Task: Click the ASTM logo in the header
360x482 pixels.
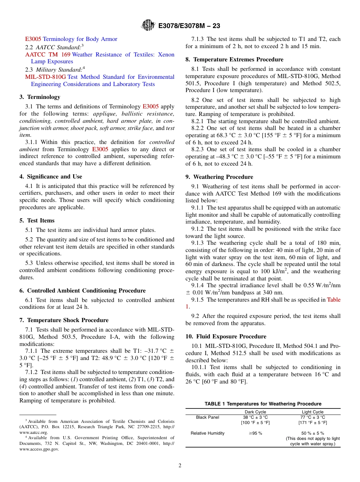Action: [x=148, y=25]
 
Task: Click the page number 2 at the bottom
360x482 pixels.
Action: [x=180, y=465]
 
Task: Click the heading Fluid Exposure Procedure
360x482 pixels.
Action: [x=226, y=336]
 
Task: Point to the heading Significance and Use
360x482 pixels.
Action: [x=51, y=177]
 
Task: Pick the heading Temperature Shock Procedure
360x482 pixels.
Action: [x=64, y=320]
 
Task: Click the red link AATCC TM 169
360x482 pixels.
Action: [x=48, y=55]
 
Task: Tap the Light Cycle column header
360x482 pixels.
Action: [x=313, y=412]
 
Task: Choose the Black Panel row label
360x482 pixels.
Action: [x=207, y=417]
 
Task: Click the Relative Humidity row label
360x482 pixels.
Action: [x=207, y=433]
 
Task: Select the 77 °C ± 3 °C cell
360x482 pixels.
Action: [x=313, y=417]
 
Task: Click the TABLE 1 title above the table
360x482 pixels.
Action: [x=263, y=404]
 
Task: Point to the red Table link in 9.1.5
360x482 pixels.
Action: [x=333, y=300]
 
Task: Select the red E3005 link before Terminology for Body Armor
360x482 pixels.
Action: [x=33, y=39]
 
